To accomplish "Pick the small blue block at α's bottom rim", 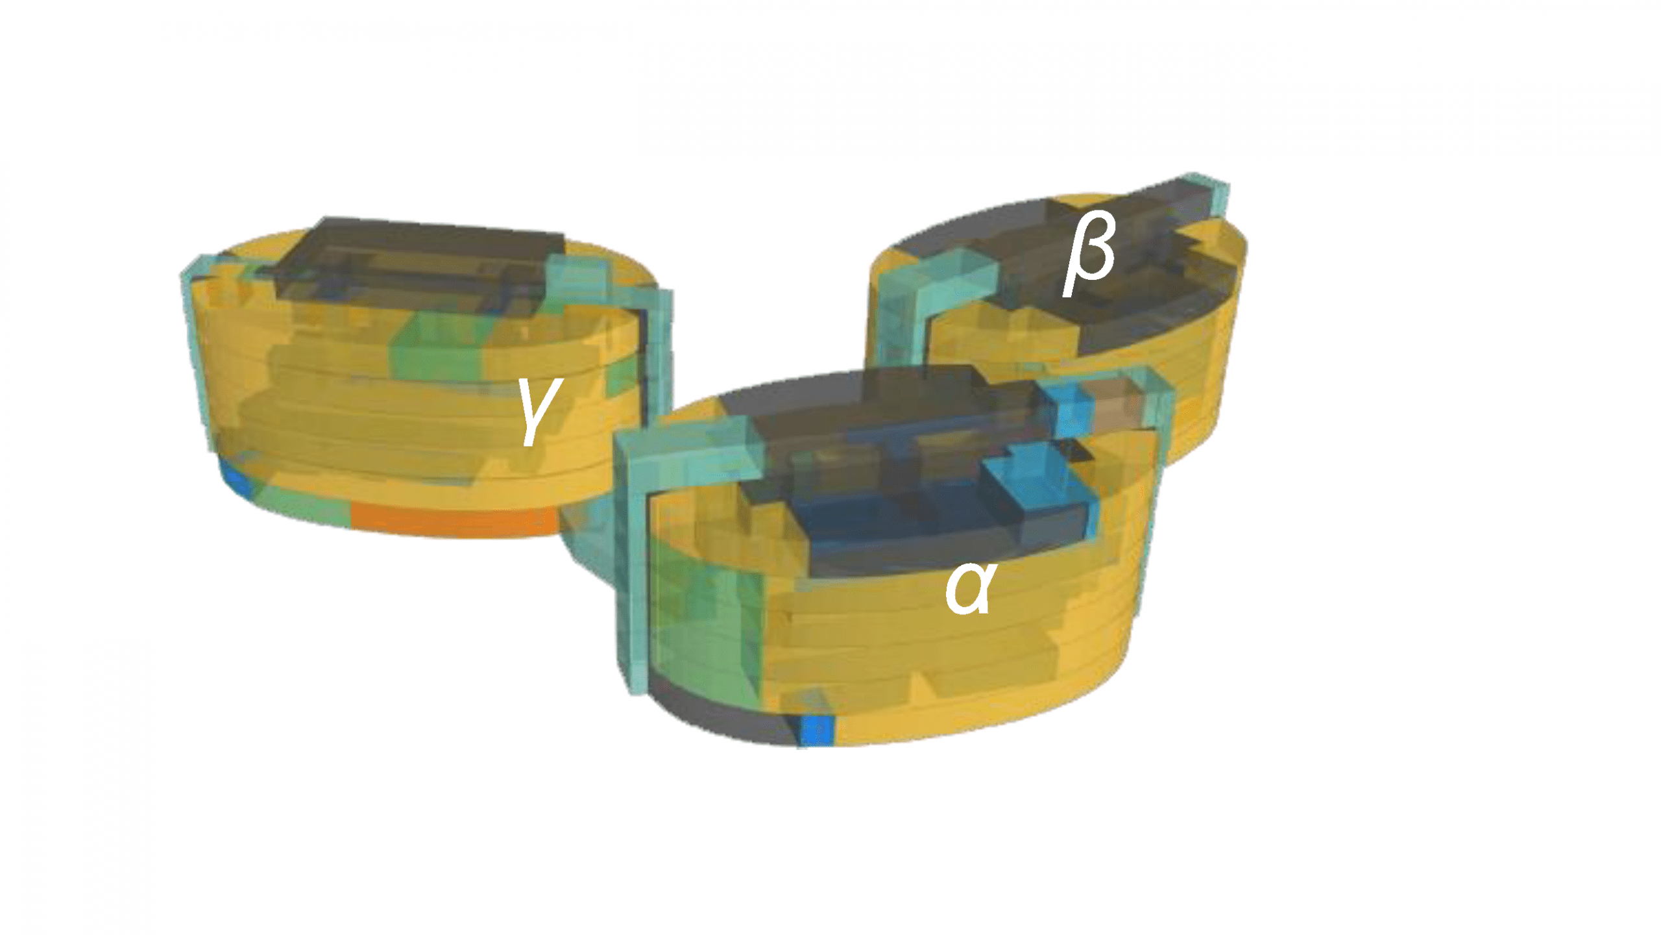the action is [x=818, y=730].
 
